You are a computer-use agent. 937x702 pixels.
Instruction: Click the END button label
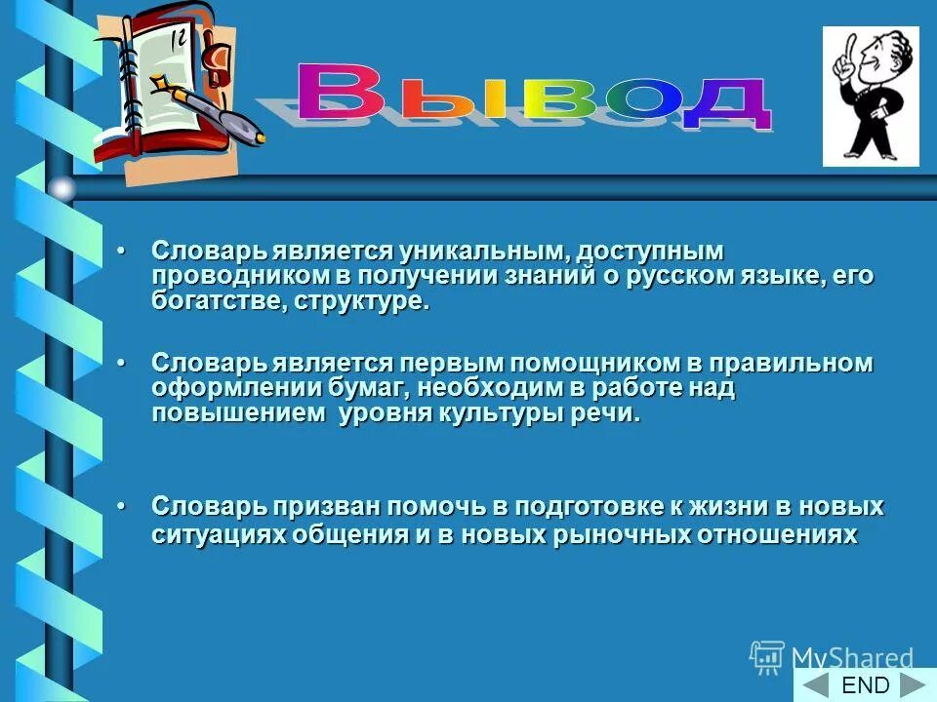pos(865,685)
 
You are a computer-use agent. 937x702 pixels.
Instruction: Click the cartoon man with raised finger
pos(870,96)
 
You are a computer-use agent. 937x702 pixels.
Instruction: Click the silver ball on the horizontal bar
pos(62,188)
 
